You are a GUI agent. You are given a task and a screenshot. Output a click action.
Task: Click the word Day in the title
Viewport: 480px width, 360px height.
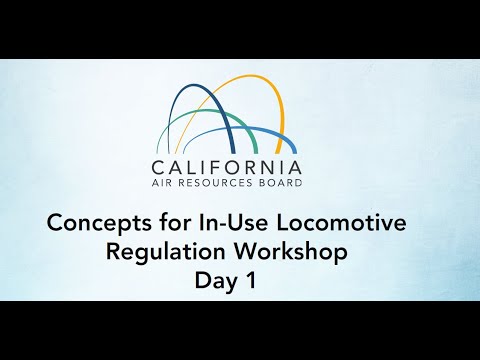pyautogui.click(x=218, y=281)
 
